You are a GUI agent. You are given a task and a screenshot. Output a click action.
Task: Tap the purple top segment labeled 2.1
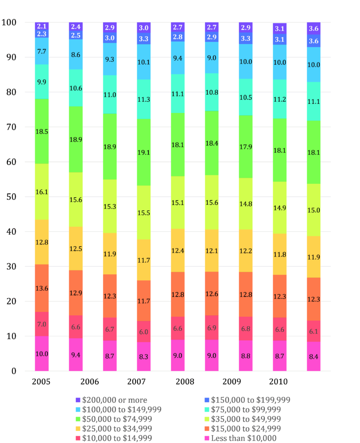click(42, 26)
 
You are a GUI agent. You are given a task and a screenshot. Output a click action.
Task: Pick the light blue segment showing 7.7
click(42, 51)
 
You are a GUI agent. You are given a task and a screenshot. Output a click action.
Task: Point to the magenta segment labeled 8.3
click(144, 356)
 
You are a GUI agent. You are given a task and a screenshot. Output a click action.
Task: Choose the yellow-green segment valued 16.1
click(42, 192)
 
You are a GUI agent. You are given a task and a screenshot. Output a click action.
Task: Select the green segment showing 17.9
click(246, 147)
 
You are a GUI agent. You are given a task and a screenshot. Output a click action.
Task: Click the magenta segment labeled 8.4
click(314, 356)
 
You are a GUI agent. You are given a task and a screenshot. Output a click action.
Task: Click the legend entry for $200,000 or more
click(112, 400)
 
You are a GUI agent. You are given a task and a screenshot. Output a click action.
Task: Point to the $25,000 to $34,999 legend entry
click(112, 429)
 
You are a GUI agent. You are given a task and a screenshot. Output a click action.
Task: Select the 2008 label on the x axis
click(185, 382)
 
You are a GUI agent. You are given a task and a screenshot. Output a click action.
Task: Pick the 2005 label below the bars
click(41, 382)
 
